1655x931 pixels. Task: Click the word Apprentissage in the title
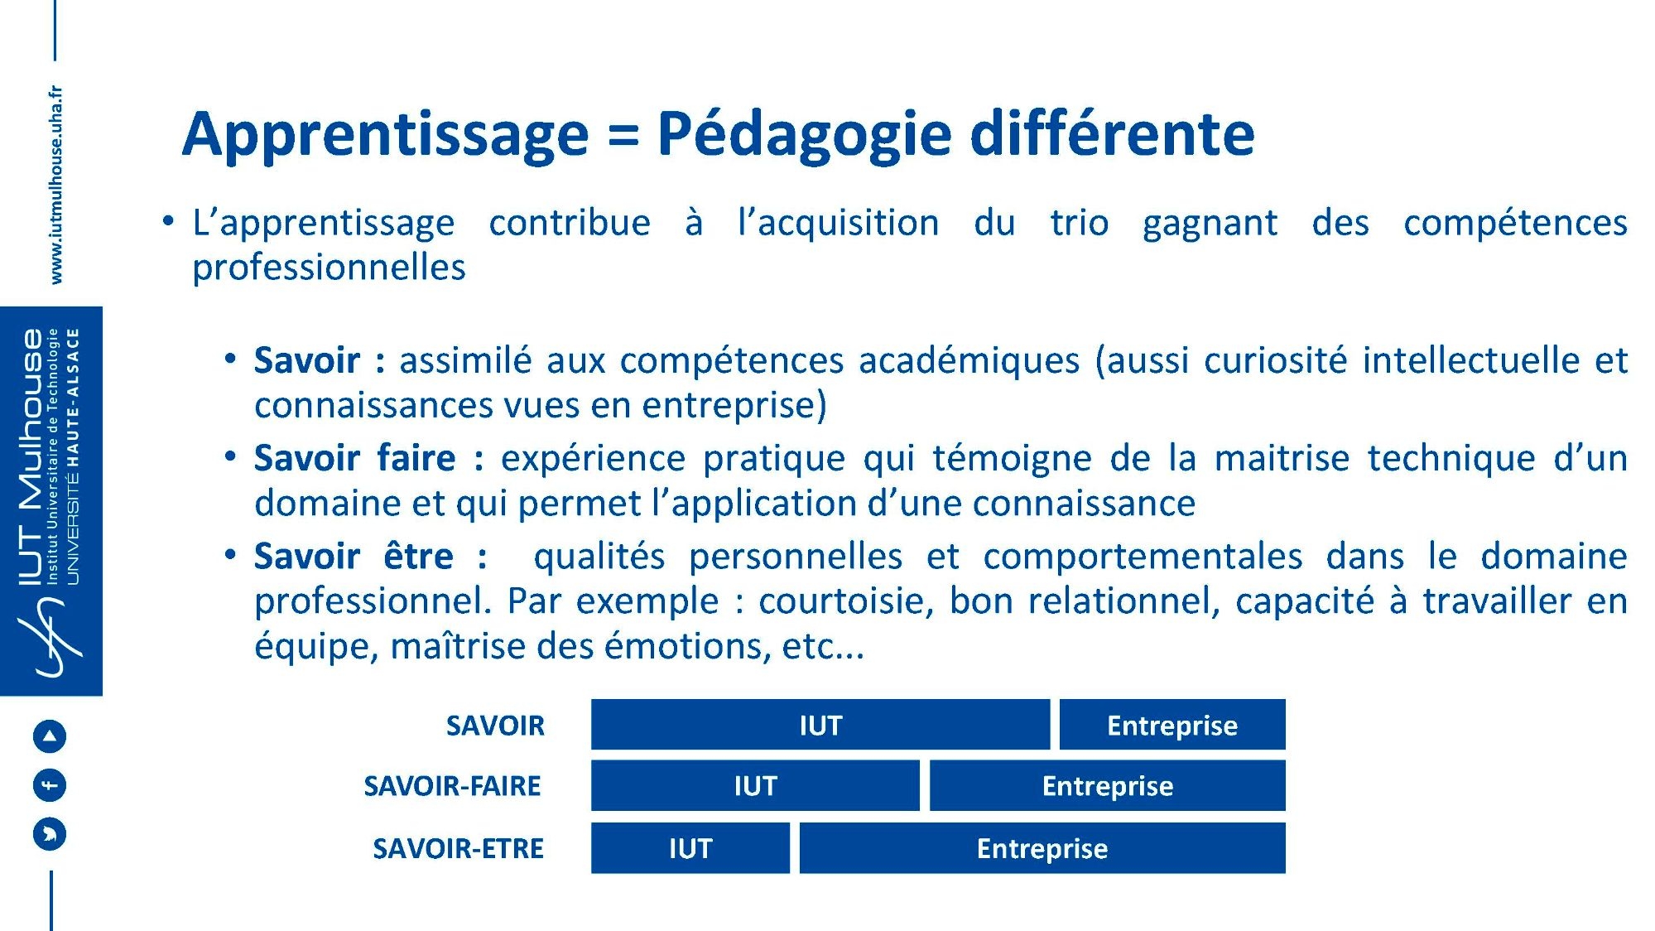click(x=385, y=135)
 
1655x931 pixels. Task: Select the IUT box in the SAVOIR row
click(x=820, y=725)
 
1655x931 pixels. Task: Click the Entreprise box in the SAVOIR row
click(x=1172, y=725)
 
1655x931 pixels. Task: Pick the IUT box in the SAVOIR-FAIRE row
click(x=755, y=785)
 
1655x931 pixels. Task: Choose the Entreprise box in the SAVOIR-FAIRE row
click(x=1108, y=785)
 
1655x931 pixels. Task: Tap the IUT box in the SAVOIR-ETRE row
click(x=690, y=847)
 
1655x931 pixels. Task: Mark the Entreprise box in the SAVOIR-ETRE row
click(x=1042, y=847)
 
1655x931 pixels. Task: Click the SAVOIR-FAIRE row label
click(x=452, y=785)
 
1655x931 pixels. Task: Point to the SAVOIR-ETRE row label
click(x=458, y=848)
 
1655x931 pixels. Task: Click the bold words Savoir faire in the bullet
click(x=355, y=458)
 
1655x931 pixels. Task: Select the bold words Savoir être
click(x=354, y=556)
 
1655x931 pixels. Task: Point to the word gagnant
click(x=1210, y=224)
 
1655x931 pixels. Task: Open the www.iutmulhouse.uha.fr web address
click(x=55, y=185)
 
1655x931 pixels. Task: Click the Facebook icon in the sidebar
click(x=49, y=784)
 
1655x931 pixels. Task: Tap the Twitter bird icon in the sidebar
click(x=49, y=833)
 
